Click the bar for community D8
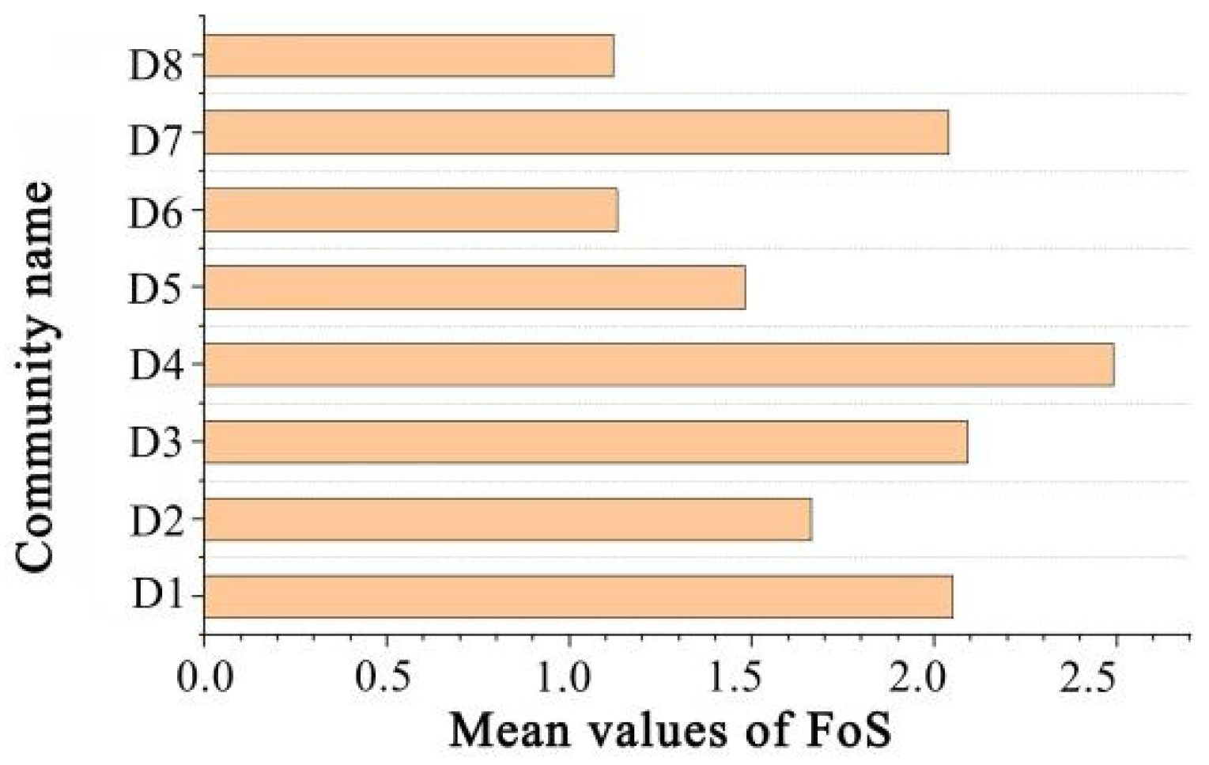[x=409, y=56]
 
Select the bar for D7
[x=576, y=132]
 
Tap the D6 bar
[x=410, y=210]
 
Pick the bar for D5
[x=474, y=287]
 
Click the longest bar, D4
[x=659, y=365]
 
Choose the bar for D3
[x=585, y=441]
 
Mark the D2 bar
[x=508, y=519]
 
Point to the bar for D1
[x=578, y=596]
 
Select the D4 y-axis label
[x=156, y=365]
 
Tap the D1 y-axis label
[x=156, y=594]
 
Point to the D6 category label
[x=156, y=214]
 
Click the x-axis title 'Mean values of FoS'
[x=671, y=729]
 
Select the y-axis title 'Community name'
[x=36, y=377]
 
